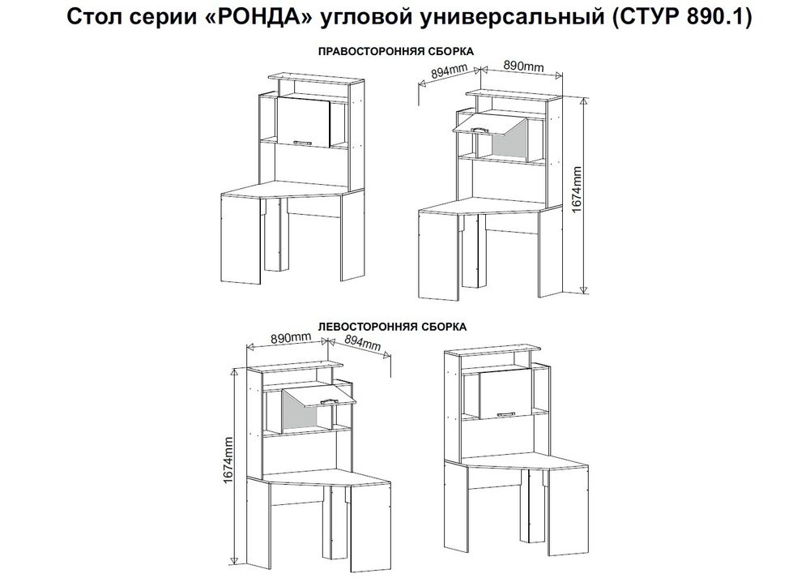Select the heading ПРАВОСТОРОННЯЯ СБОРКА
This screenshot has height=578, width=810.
pyautogui.click(x=395, y=50)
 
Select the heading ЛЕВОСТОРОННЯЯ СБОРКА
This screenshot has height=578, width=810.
pyautogui.click(x=393, y=328)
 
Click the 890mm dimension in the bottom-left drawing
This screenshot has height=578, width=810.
pyautogui.click(x=291, y=337)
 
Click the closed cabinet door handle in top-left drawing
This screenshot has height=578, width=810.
pyautogui.click(x=305, y=142)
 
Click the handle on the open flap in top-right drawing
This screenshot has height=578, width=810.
pyautogui.click(x=478, y=127)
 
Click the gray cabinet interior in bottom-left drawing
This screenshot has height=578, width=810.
pyautogui.click(x=300, y=416)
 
